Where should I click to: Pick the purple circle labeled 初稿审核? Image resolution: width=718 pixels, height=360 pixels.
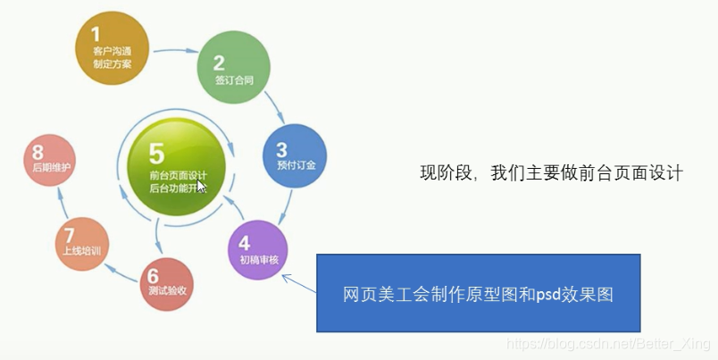[258, 248]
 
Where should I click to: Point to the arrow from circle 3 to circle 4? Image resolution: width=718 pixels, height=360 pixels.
[288, 208]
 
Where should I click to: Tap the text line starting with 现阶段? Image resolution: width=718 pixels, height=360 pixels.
[551, 173]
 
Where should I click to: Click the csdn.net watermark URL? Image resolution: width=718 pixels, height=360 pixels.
[607, 342]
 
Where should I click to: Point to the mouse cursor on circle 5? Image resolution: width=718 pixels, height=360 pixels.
[202, 186]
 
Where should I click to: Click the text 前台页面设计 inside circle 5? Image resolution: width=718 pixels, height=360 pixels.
[179, 175]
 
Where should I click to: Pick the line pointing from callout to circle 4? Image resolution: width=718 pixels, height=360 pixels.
[299, 284]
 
